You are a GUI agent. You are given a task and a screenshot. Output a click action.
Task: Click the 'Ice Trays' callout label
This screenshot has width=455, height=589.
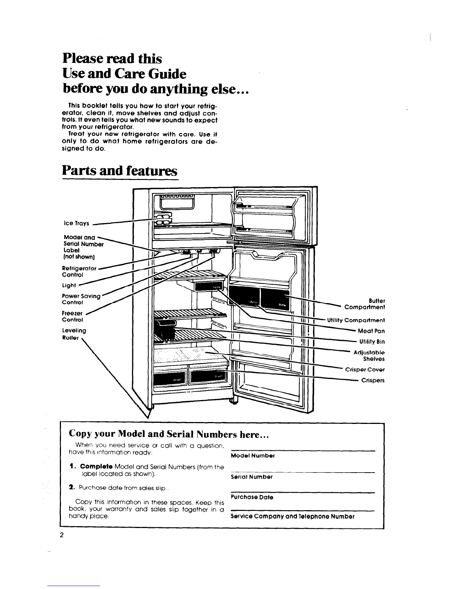77,223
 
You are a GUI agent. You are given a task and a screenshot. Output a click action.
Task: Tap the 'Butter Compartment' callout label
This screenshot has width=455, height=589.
365,304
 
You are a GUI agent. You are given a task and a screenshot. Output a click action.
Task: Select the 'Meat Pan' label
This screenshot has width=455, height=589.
371,331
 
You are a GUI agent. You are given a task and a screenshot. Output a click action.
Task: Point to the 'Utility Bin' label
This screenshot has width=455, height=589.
372,341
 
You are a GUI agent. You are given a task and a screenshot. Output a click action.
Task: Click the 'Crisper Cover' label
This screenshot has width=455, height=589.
365,370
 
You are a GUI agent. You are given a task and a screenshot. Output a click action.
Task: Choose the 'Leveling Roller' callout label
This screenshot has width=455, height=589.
74,334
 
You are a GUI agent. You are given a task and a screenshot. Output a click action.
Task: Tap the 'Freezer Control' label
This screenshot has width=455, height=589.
72,316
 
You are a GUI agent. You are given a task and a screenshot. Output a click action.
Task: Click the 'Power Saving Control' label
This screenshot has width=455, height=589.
81,299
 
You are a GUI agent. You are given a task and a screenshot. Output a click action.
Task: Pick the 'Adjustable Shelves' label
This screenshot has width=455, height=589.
369,355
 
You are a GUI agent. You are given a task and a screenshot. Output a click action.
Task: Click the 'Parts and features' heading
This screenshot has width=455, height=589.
119,171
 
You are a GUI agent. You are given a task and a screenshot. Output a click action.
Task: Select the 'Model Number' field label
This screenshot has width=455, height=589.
252,456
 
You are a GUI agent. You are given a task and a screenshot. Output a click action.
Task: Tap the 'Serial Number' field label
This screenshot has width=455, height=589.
252,477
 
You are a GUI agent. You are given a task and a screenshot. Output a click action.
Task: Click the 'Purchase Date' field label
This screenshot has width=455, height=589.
252,497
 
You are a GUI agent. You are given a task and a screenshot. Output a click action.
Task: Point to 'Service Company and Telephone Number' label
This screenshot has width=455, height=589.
293,516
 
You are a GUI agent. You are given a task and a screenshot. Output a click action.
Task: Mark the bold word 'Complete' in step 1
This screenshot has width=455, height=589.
96,467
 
